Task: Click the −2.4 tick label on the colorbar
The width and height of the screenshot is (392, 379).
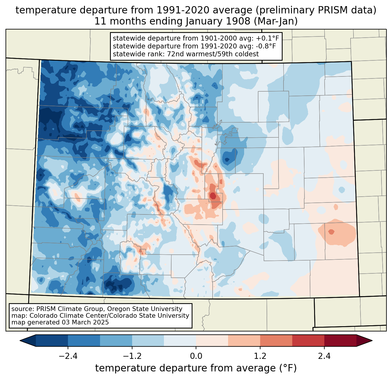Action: click(x=68, y=356)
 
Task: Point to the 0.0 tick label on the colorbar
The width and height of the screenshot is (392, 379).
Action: click(x=196, y=356)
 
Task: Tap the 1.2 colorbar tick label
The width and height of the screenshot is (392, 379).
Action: click(x=260, y=356)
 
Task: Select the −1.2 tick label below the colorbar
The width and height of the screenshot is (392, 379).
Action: click(x=132, y=356)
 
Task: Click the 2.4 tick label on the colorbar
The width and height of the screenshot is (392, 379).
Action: click(x=324, y=356)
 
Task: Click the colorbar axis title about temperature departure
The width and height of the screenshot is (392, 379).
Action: click(x=196, y=368)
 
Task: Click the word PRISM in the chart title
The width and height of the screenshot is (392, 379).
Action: click(x=331, y=10)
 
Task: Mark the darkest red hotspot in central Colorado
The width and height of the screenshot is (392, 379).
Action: click(x=213, y=196)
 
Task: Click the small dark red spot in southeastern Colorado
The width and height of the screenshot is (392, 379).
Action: click(x=331, y=232)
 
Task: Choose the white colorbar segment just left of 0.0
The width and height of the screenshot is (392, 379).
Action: click(x=180, y=340)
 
